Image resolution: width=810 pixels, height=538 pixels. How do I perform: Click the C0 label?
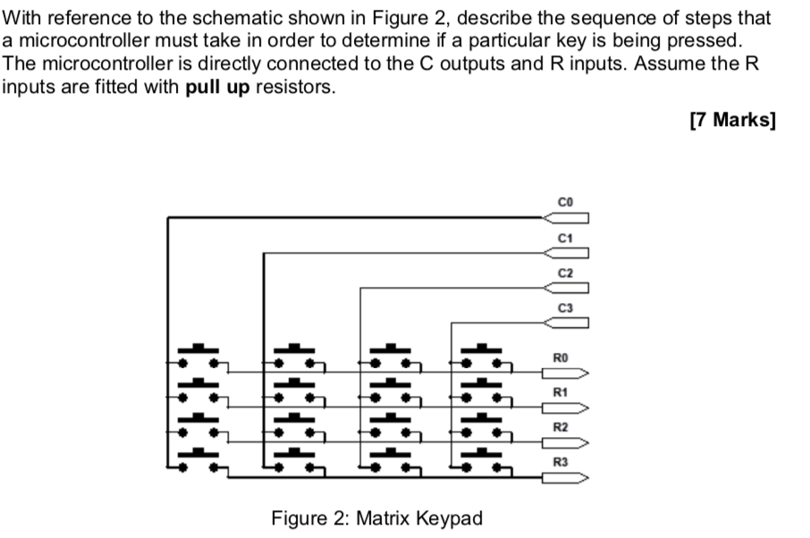[563, 203]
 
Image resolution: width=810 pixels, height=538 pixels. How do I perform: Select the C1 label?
[563, 238]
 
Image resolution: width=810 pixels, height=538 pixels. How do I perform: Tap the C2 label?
[563, 272]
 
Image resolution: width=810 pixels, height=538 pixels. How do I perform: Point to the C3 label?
[563, 307]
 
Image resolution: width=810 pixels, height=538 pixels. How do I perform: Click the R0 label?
[561, 357]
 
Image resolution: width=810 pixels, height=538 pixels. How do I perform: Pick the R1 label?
[561, 392]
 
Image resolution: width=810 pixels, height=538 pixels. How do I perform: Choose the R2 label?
[561, 427]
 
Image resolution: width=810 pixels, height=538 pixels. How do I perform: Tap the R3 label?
[561, 462]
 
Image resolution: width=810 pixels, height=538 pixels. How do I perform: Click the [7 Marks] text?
[733, 121]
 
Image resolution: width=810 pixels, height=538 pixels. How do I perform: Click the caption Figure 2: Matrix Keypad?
[376, 517]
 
